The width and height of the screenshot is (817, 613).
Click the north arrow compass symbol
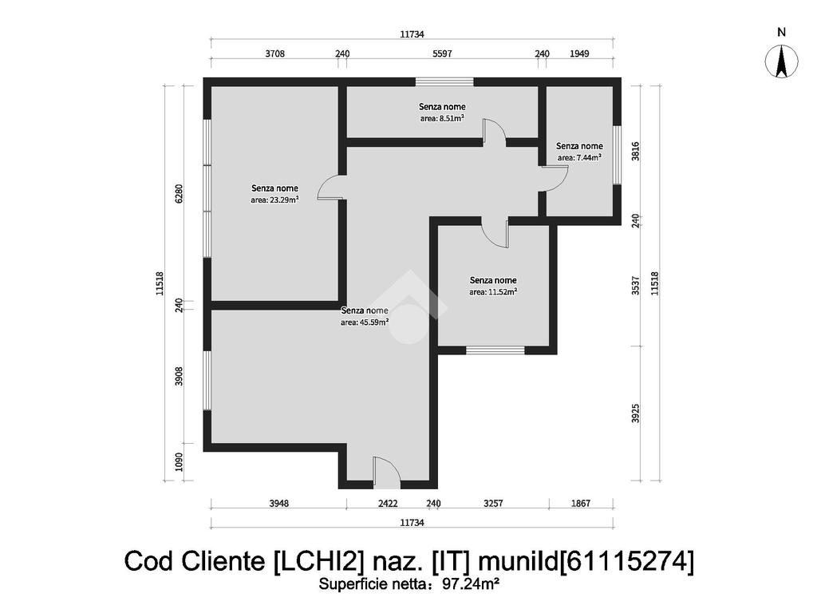(x=781, y=61)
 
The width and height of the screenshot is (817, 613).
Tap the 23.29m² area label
(x=274, y=200)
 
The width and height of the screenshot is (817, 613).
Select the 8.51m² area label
(x=442, y=118)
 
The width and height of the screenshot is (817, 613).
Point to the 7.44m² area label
(x=579, y=157)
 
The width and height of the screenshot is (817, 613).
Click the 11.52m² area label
(x=493, y=292)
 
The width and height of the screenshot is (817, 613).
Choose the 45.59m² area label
(x=365, y=322)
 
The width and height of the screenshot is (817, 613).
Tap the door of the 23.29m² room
(x=330, y=187)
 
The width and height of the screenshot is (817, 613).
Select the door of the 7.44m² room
(x=555, y=178)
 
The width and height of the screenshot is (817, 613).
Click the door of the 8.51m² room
(x=495, y=131)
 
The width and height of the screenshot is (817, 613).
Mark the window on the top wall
(x=444, y=82)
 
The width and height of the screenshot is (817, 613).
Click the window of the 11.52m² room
(x=495, y=350)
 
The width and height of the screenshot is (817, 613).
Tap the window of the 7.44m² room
(x=617, y=155)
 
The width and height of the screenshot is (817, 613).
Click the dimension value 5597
(x=442, y=53)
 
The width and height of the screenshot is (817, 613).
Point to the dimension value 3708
(x=275, y=53)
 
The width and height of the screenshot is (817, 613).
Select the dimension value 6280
(x=179, y=193)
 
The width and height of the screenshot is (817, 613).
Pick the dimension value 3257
(x=493, y=503)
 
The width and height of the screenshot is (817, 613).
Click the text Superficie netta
(x=373, y=583)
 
